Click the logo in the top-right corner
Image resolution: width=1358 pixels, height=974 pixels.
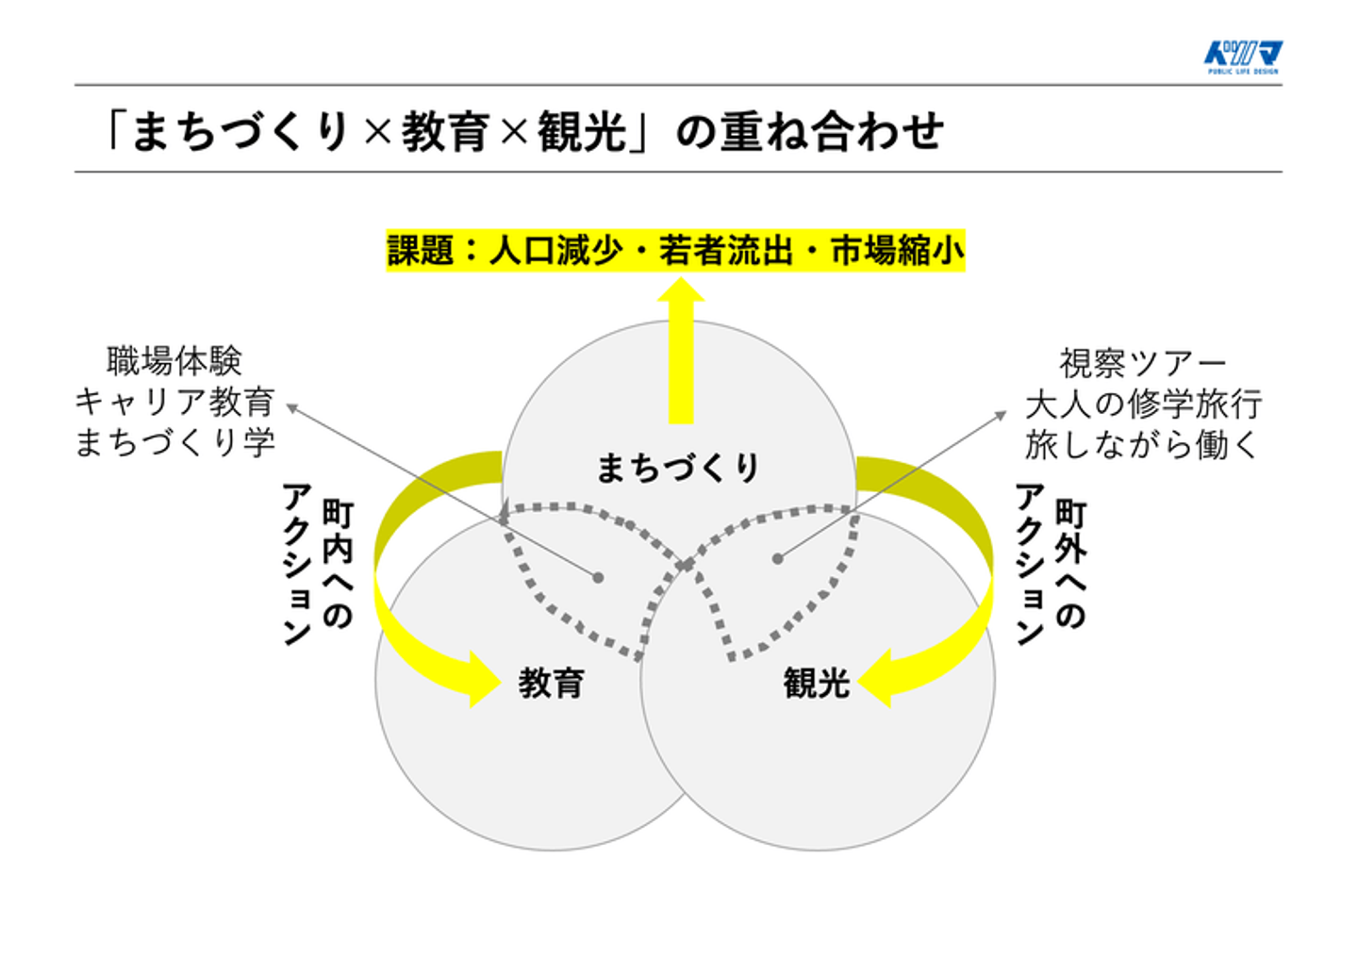[1243, 57]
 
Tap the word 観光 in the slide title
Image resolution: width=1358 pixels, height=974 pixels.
[582, 131]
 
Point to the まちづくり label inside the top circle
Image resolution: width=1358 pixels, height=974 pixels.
[678, 468]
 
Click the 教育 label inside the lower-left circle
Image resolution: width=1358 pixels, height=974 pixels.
[551, 683]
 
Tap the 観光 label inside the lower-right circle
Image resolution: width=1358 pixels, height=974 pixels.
[817, 683]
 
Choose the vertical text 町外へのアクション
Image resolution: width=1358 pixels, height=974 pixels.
[1051, 564]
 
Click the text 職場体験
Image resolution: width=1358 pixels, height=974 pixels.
[174, 360]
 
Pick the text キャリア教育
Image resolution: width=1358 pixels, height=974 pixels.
[174, 402]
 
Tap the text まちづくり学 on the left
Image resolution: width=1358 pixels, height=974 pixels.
[174, 442]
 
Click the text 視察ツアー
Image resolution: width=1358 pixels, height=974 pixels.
[1142, 363]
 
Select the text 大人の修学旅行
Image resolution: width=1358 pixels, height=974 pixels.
[1142, 404]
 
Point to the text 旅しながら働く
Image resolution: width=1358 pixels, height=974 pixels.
[1142, 445]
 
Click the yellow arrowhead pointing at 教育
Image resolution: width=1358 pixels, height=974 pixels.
[482, 679]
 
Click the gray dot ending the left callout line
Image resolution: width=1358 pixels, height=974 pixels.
[598, 577]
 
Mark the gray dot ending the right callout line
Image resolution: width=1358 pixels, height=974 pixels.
[777, 559]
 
